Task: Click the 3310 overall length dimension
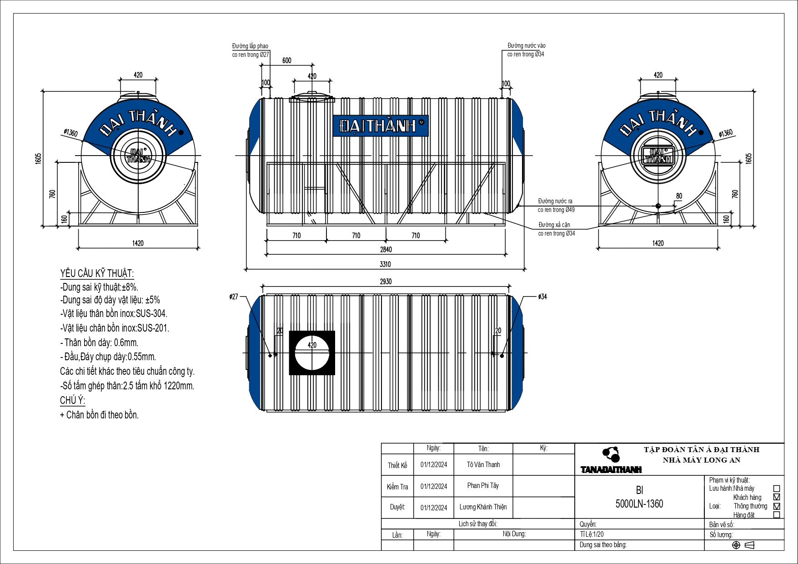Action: [x=385, y=264]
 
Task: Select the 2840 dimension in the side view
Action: [x=386, y=250]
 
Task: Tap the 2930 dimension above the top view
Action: [x=386, y=282]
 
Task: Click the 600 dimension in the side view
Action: [x=287, y=60]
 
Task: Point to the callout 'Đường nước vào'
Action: [x=526, y=46]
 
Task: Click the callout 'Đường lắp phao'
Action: [x=250, y=46]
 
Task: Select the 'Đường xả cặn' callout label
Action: [x=554, y=225]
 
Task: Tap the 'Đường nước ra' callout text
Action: [x=555, y=201]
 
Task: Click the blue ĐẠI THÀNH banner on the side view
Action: [x=380, y=125]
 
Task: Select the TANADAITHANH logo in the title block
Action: [x=611, y=469]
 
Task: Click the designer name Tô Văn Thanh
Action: [x=483, y=465]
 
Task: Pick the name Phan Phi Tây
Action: [x=483, y=486]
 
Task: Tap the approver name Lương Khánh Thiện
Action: [x=483, y=507]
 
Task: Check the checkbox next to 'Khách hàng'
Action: [x=777, y=497]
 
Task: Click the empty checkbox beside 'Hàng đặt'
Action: [x=777, y=515]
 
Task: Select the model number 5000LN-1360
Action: [x=639, y=504]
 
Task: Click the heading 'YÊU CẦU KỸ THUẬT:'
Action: [x=97, y=273]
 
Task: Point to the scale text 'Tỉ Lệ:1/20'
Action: [x=592, y=534]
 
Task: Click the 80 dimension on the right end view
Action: [x=679, y=196]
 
